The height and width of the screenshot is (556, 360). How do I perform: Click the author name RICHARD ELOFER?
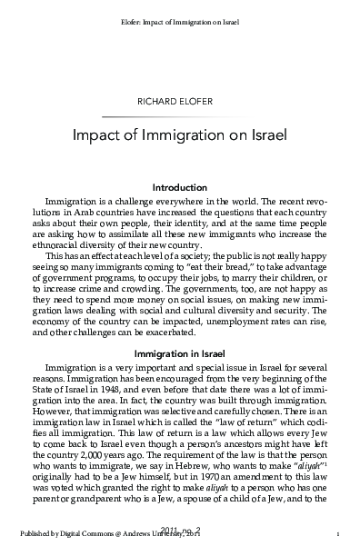pyautogui.click(x=179, y=102)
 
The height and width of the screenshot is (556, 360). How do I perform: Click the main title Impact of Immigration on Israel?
pyautogui.click(x=179, y=136)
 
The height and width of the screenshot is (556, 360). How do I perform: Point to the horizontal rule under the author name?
pyautogui.click(x=179, y=116)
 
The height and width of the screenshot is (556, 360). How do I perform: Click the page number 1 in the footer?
pyautogui.click(x=337, y=534)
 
